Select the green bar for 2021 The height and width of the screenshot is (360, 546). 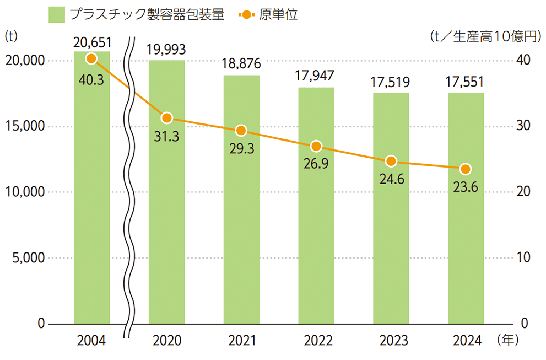pos(241,199)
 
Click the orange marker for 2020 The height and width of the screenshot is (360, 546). pos(166,117)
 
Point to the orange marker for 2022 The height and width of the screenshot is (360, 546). pos(316,146)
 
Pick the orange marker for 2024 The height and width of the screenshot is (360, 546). pos(466,169)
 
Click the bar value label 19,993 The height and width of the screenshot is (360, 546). pos(166,49)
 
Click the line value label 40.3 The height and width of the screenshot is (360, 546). pos(91,79)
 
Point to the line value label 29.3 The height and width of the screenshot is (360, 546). pos(241,150)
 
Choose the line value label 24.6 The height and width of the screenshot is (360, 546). pos(391,180)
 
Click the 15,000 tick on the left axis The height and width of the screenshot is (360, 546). pos(24,126)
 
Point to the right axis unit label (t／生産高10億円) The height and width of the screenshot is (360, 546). pos(485,37)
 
